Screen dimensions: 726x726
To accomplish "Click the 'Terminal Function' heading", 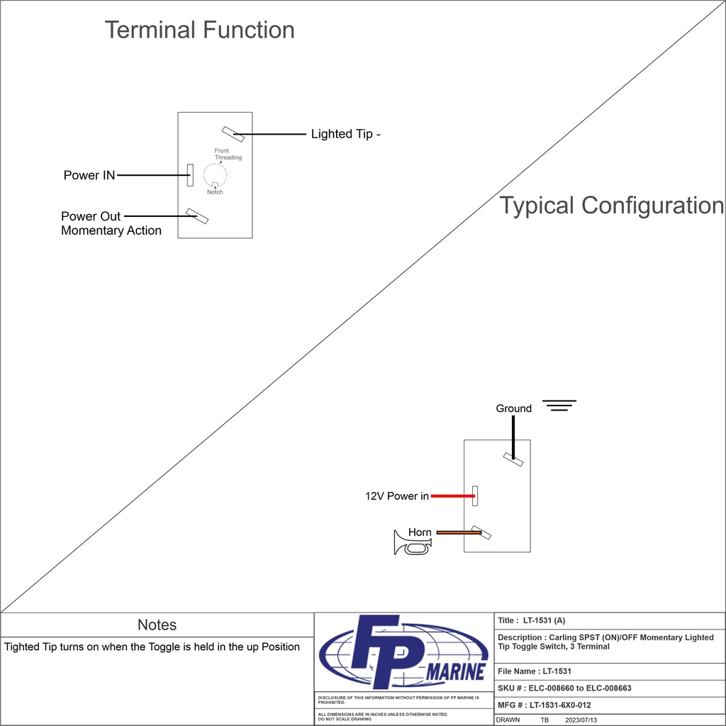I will pyautogui.click(x=199, y=30).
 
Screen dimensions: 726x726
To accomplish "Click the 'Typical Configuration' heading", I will pyautogui.click(x=611, y=206).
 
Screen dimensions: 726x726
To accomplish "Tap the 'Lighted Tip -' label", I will pyautogui.click(x=345, y=134).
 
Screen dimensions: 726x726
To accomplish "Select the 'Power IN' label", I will pyautogui.click(x=89, y=175).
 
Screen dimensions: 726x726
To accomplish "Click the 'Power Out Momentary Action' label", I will pyautogui.click(x=111, y=223).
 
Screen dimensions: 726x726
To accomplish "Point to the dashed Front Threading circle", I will pyautogui.click(x=214, y=174).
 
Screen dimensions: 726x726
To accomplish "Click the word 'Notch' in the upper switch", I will pyautogui.click(x=215, y=192).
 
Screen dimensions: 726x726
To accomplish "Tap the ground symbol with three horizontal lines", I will pyautogui.click(x=559, y=406).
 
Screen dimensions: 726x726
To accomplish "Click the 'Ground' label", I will pyautogui.click(x=513, y=408).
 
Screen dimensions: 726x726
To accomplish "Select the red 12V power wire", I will pyautogui.click(x=452, y=496).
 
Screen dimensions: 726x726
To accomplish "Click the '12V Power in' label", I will pyautogui.click(x=396, y=496).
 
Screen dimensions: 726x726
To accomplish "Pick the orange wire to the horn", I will pyautogui.click(x=458, y=532).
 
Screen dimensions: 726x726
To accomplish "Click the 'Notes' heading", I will pyautogui.click(x=157, y=625).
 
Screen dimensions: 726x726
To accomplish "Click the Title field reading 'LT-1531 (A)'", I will pyautogui.click(x=531, y=620).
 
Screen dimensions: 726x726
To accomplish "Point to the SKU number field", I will pyautogui.click(x=564, y=688).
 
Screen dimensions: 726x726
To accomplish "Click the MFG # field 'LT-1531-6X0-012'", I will pyautogui.click(x=544, y=705).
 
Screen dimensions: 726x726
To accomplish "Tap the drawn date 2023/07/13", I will pyautogui.click(x=581, y=720).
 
